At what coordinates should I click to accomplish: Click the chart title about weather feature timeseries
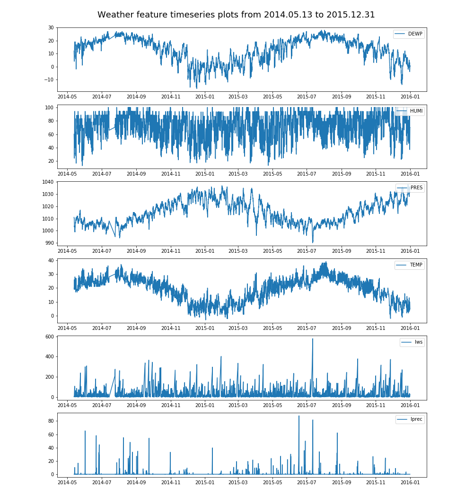tap(236, 15)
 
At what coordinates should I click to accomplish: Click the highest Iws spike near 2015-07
tap(312, 339)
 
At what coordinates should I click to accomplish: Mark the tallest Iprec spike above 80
tap(298, 416)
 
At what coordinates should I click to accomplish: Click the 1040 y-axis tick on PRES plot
tap(47, 182)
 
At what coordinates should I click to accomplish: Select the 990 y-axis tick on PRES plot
tap(48, 243)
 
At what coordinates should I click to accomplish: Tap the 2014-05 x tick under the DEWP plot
tap(68, 97)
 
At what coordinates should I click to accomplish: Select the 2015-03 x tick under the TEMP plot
tap(238, 328)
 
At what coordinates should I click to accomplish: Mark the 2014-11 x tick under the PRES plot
tap(171, 251)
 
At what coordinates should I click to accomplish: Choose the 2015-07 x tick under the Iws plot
tap(307, 405)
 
